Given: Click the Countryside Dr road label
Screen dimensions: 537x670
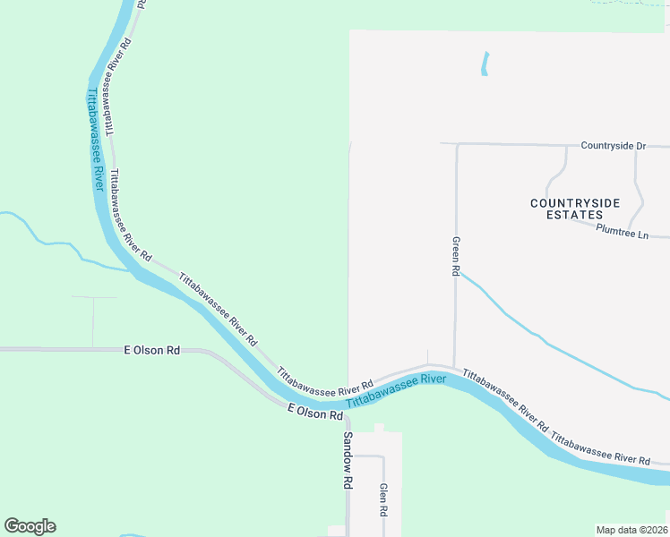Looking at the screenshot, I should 613,145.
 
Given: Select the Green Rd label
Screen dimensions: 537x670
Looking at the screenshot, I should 456,256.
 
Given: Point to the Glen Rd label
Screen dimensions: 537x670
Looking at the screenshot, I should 383,499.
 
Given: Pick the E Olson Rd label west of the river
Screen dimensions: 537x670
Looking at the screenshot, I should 151,350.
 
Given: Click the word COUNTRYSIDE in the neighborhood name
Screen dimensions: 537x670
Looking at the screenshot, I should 575,203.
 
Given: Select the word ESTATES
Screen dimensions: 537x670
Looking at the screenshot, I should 575,216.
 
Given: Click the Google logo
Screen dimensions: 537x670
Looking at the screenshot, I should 30,526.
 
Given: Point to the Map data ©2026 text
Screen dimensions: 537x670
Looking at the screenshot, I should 631,530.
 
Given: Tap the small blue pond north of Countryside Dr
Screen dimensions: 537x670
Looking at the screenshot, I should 485,64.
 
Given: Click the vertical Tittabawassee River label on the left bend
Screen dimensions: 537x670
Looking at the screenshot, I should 95,138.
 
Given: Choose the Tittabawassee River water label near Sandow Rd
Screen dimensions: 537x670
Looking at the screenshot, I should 396,391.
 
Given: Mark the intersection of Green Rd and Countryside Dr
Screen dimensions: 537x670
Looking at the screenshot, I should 456,144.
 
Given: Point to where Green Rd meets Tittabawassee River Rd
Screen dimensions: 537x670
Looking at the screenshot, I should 456,366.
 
